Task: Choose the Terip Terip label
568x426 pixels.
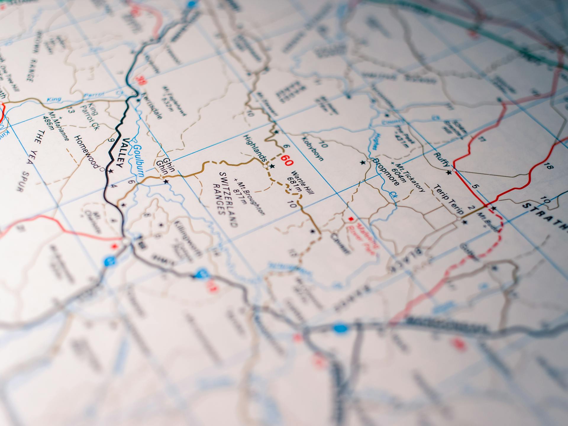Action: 448,200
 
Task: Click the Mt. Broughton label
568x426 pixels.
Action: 250,196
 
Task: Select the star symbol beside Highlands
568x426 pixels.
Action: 272,167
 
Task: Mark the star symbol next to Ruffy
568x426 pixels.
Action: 449,172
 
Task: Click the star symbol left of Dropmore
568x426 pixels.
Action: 362,162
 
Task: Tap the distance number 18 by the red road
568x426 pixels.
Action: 548,166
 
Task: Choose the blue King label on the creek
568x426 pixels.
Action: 54,99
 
